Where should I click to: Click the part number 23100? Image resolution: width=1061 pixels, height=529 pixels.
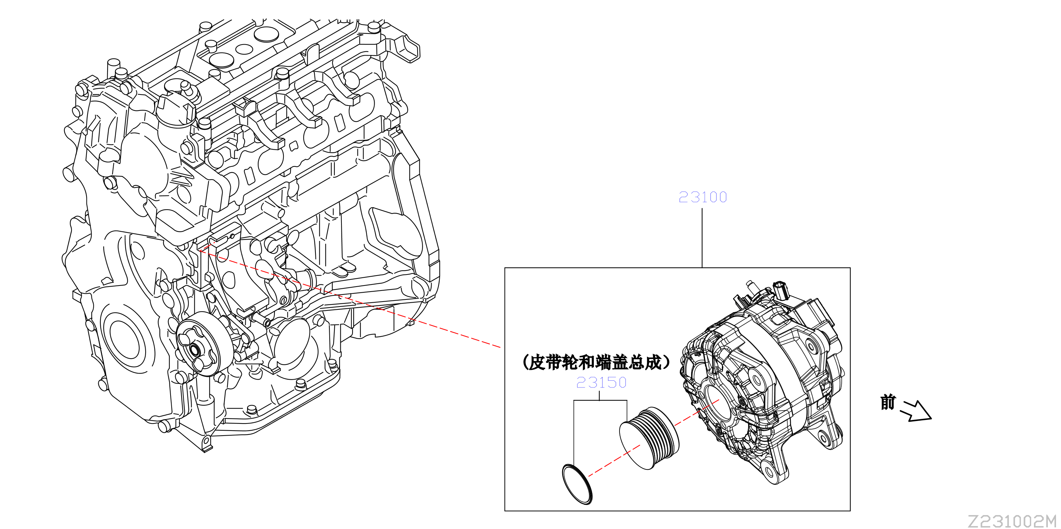703,197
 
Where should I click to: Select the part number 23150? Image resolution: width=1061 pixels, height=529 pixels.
601,382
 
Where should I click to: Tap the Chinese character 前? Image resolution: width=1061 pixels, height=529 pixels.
888,402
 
